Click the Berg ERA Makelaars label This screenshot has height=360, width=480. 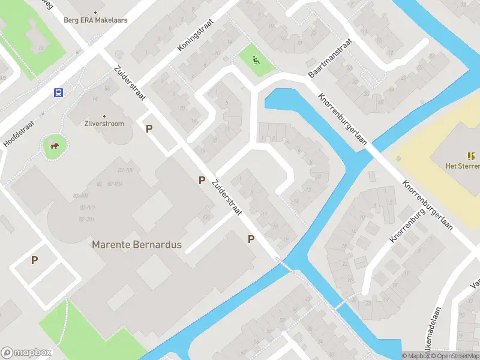tap(96, 20)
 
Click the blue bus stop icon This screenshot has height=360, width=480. tap(59, 92)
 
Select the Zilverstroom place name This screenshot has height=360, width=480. tap(104, 124)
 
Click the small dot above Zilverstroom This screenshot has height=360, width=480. tap(104, 116)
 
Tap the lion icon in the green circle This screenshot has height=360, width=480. tap(54, 145)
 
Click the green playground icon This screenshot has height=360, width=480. tap(256, 59)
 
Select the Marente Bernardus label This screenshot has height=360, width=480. tap(136, 245)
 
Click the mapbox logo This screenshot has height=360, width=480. tap(26, 352)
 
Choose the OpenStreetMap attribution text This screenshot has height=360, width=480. tap(456, 356)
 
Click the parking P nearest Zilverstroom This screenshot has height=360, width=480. tap(149, 128)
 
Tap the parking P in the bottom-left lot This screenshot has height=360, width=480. tap(34, 260)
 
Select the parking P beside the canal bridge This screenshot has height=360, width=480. tap(251, 239)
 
